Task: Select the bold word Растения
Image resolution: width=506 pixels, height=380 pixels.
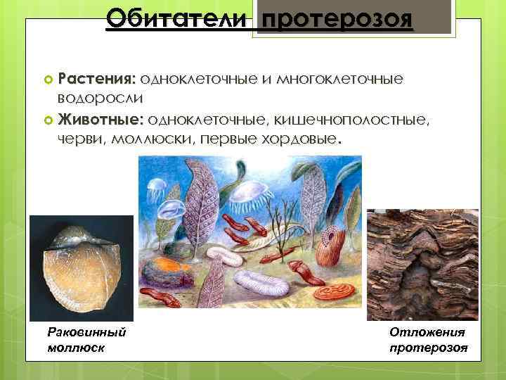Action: coord(98,77)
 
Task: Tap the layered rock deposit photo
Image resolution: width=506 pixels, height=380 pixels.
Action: coord(422,265)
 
